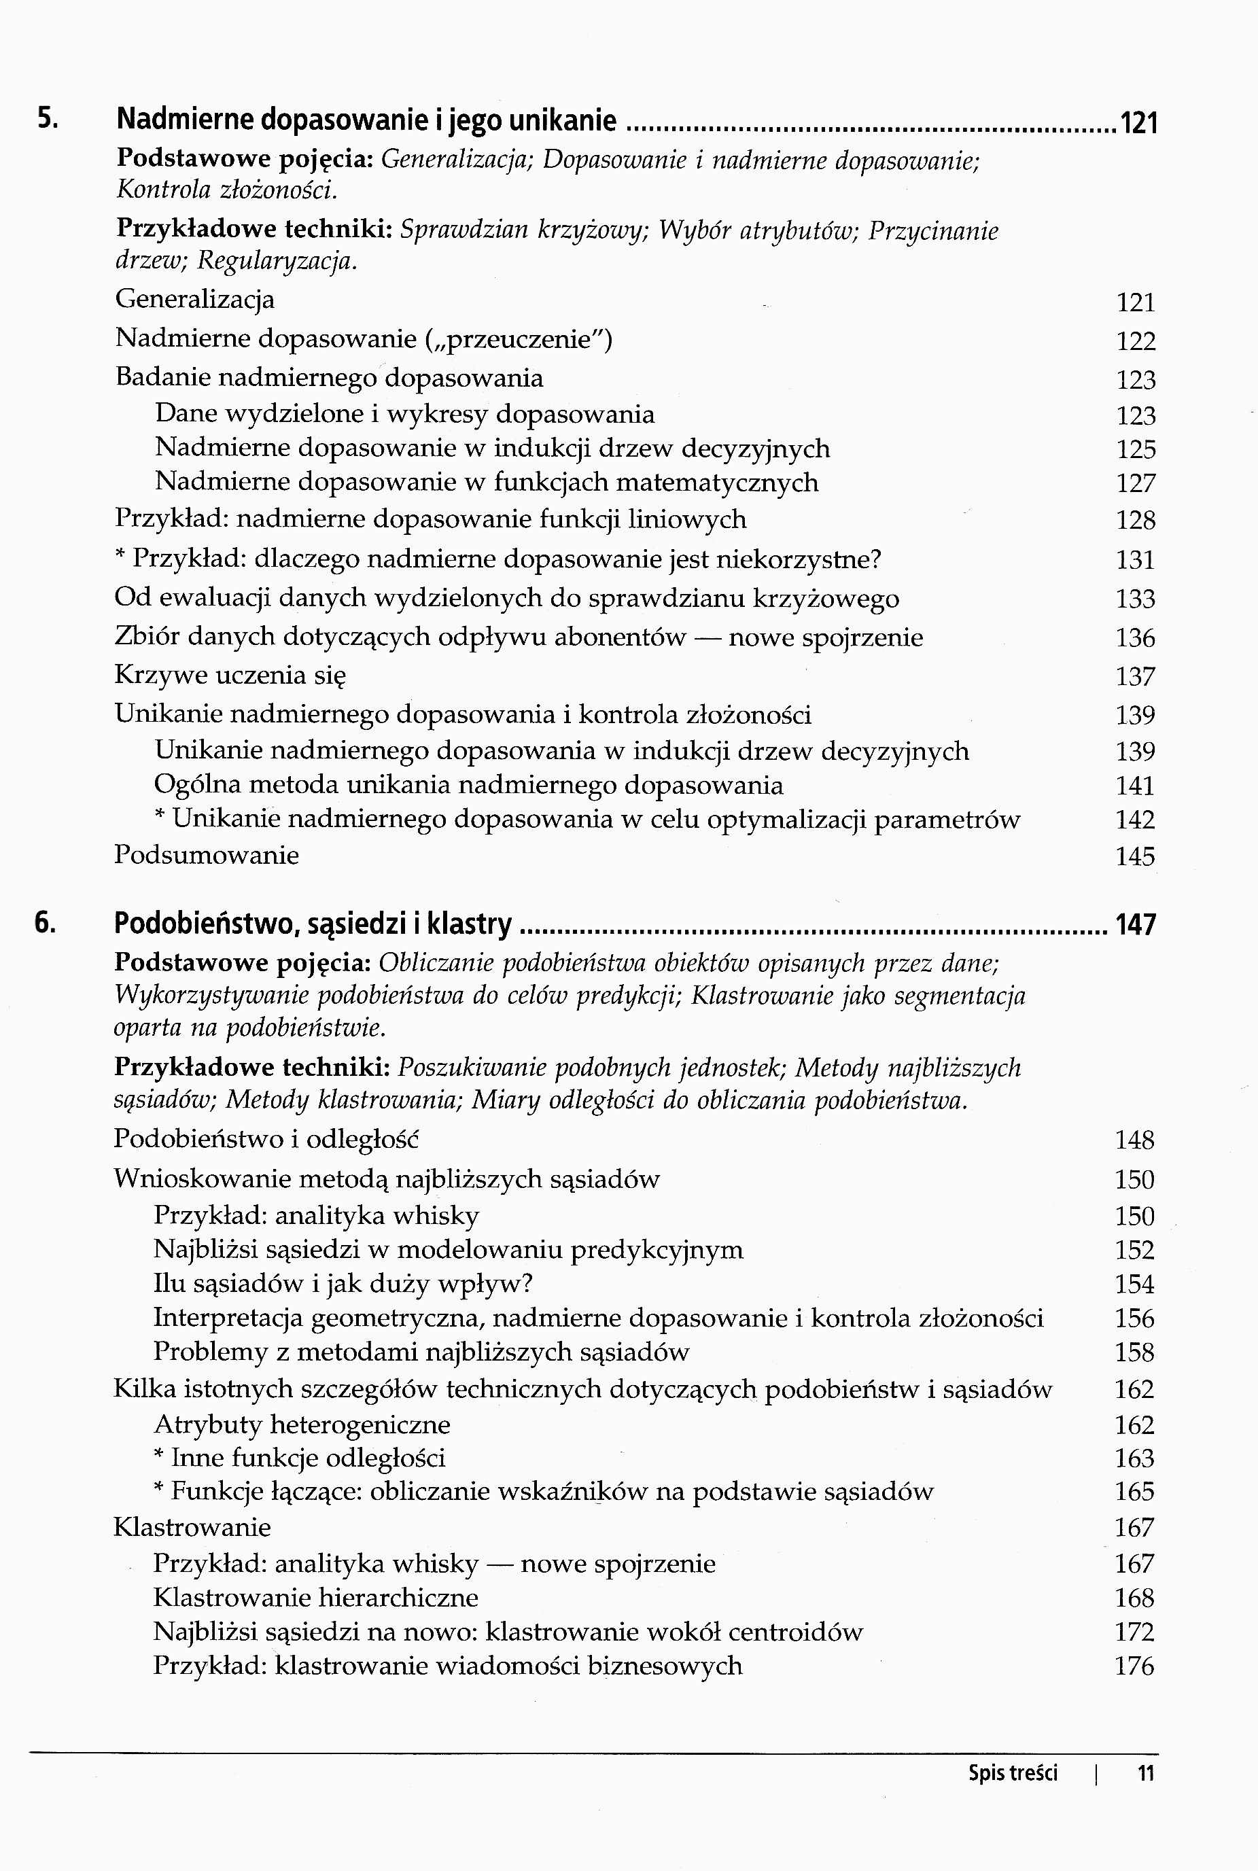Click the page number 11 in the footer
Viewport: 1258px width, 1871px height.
click(1146, 1773)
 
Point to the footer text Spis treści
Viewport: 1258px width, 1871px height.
click(1013, 1773)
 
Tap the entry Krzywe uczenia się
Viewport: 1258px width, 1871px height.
click(230, 675)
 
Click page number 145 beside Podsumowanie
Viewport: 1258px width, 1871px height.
click(1135, 857)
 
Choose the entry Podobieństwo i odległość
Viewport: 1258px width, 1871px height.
click(266, 1138)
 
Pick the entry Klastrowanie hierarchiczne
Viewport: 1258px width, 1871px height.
click(315, 1597)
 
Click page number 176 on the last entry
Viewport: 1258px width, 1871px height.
click(1134, 1666)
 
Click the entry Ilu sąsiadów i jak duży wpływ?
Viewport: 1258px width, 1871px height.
click(343, 1284)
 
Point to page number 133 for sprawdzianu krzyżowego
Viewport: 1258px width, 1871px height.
click(1135, 599)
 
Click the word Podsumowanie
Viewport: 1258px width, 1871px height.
click(206, 855)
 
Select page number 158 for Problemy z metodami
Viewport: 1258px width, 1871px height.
click(1134, 1352)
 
